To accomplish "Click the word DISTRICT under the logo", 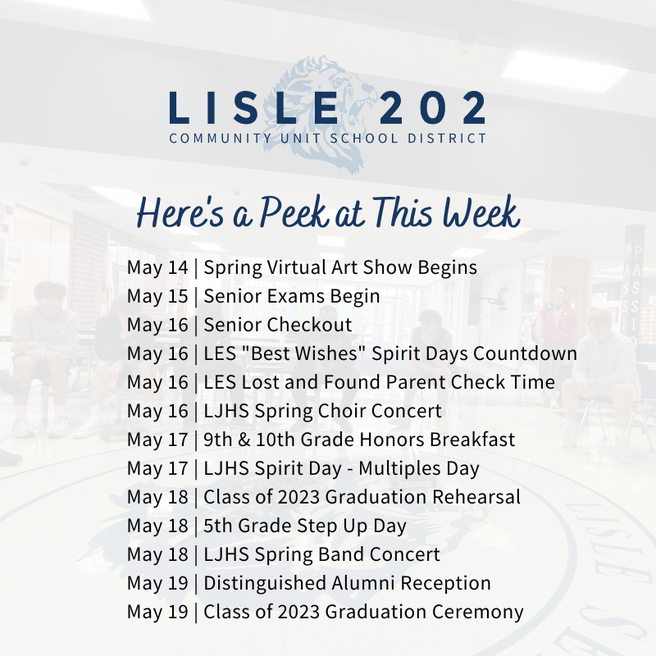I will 449,139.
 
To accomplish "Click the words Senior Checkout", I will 278,325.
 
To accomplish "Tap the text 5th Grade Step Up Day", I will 305,526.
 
